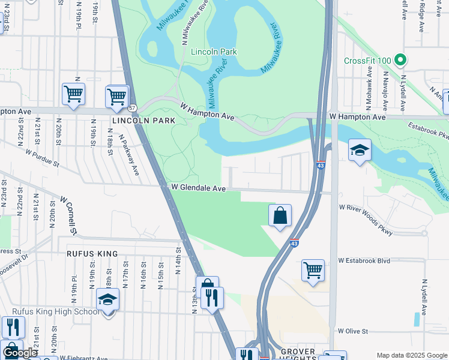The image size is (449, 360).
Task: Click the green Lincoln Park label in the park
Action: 214,52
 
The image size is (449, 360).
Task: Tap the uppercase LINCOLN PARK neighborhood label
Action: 143,121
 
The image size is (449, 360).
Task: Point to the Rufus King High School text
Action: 56,311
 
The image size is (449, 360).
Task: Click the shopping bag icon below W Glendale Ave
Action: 280,216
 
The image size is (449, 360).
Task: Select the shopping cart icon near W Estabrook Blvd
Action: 313,271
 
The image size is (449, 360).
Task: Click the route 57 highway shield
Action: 132,108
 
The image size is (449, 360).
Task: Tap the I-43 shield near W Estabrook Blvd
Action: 294,244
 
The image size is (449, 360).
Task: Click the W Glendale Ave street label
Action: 198,188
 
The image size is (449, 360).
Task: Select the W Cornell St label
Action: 67,214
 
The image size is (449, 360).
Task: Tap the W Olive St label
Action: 352,331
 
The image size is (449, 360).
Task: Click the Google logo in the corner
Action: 20,353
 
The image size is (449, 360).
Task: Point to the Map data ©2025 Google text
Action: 411,355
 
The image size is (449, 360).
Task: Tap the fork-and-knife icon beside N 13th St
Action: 212,298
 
